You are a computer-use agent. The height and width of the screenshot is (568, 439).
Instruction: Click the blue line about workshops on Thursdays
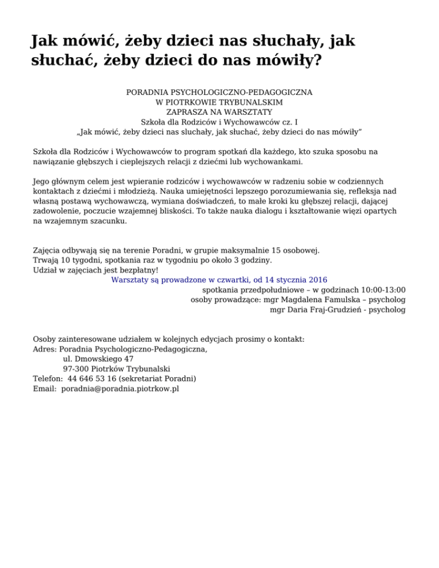pyautogui.click(x=219, y=280)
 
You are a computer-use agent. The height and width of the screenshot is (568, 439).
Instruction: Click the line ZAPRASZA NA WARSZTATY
pyautogui.click(x=219, y=111)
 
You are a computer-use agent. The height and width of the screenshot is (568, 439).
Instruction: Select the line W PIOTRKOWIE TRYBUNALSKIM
pyautogui.click(x=219, y=102)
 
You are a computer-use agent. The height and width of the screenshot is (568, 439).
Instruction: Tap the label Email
pyautogui.click(x=45, y=389)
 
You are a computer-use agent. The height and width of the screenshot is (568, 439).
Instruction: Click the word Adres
pyautogui.click(x=45, y=349)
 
